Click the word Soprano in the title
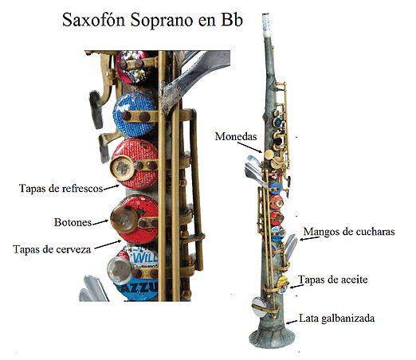click(162, 21)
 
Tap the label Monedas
click(236, 136)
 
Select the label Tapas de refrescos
click(61, 188)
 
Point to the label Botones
click(73, 222)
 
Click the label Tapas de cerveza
click(52, 249)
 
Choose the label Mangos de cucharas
click(349, 232)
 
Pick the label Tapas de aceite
click(333, 280)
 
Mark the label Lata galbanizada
click(337, 318)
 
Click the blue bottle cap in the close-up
click(135, 114)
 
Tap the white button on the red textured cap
click(123, 168)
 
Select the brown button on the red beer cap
click(124, 220)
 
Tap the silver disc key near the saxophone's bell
click(259, 307)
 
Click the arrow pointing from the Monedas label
click(249, 147)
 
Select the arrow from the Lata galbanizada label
click(292, 322)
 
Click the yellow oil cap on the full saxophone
click(282, 284)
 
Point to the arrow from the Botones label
click(100, 222)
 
